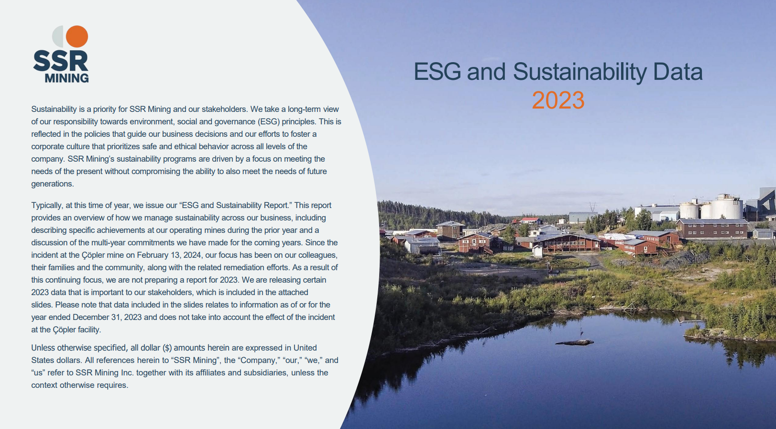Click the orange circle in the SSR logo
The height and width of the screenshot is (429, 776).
click(x=77, y=36)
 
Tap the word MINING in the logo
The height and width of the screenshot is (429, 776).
click(x=67, y=78)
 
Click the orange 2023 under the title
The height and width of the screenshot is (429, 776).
click(x=558, y=100)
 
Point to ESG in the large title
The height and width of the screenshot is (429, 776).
click(x=437, y=72)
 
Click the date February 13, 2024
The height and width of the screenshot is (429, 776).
click(x=169, y=255)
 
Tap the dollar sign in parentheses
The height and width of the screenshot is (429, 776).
click(x=167, y=348)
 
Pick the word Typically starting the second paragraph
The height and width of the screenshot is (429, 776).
click(x=47, y=206)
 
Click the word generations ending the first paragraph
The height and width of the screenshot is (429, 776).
click(x=52, y=184)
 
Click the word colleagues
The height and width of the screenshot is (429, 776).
click(x=317, y=255)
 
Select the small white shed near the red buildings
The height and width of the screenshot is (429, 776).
click(x=537, y=251)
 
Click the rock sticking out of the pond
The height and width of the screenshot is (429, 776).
click(x=574, y=343)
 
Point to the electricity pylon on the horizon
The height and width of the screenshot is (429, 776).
click(x=593, y=207)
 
